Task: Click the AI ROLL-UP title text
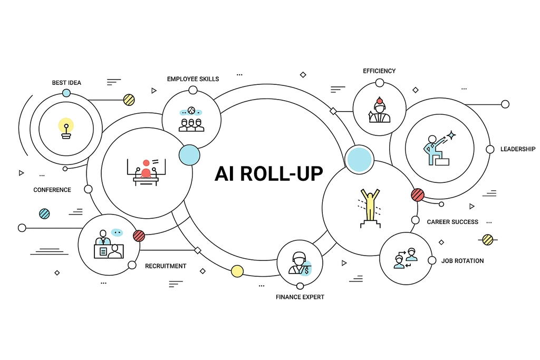pos(268,173)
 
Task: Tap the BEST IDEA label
pos(66,83)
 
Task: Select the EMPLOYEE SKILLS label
pos(193,79)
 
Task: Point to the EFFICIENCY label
pos(379,71)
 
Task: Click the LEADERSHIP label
pos(518,149)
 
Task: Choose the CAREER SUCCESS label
pos(452,222)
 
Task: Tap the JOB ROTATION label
pos(462,261)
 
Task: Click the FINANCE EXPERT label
pos(300,297)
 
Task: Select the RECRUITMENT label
pos(166,266)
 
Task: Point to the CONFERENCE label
pos(52,190)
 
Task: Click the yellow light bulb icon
pos(66,128)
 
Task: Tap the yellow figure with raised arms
pos(370,205)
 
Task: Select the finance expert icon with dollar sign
pos(300,264)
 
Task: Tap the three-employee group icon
pos(191,120)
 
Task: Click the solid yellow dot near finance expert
pos(237,271)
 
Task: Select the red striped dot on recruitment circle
pos(139,236)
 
